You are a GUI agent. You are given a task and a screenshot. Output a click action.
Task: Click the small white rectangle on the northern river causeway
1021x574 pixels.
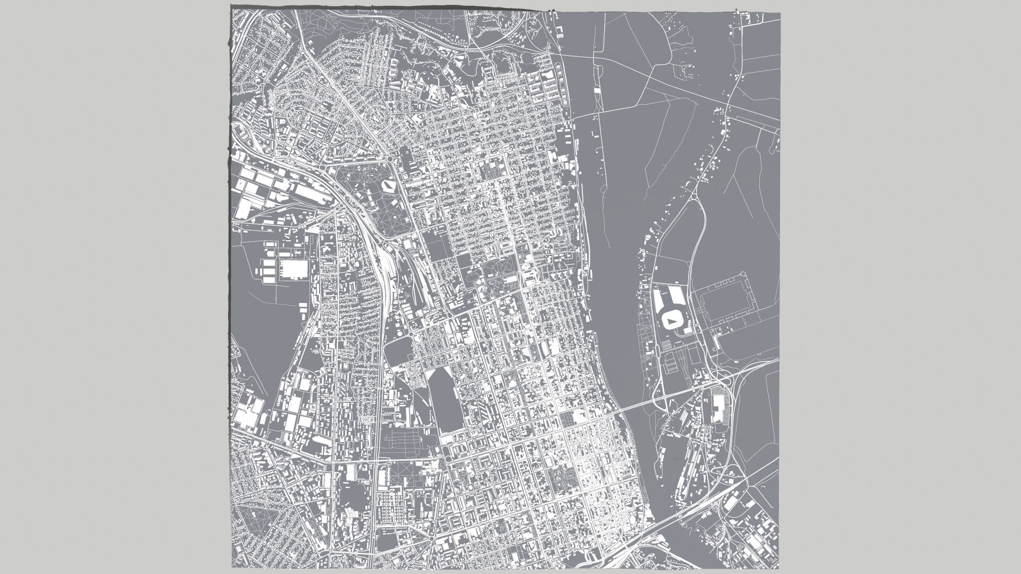pyautogui.click(x=597, y=91)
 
